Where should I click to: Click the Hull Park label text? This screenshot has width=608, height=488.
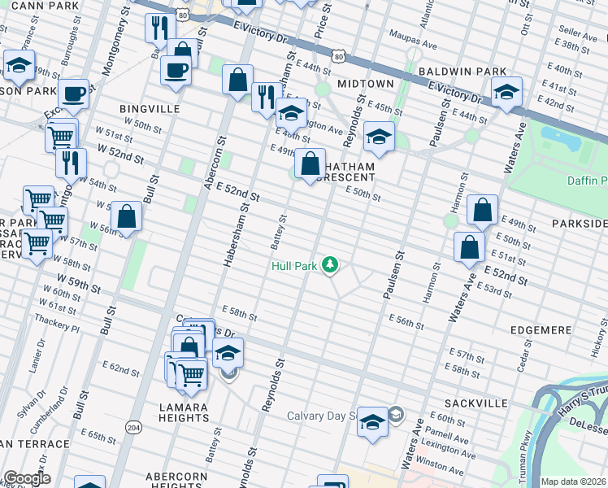[x=294, y=265]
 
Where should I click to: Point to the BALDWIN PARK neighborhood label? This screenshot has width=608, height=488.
[x=463, y=72]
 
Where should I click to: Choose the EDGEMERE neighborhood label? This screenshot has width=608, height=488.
[x=542, y=330]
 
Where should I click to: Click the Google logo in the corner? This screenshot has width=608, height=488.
[x=26, y=478]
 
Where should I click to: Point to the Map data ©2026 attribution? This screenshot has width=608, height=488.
[x=573, y=481]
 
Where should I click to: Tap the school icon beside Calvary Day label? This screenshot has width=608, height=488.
[x=372, y=422]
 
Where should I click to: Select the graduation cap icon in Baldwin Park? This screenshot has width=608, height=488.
[x=506, y=92]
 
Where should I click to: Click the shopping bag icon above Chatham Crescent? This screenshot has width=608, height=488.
[x=310, y=164]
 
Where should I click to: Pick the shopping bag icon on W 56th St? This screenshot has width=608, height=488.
[x=126, y=217]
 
